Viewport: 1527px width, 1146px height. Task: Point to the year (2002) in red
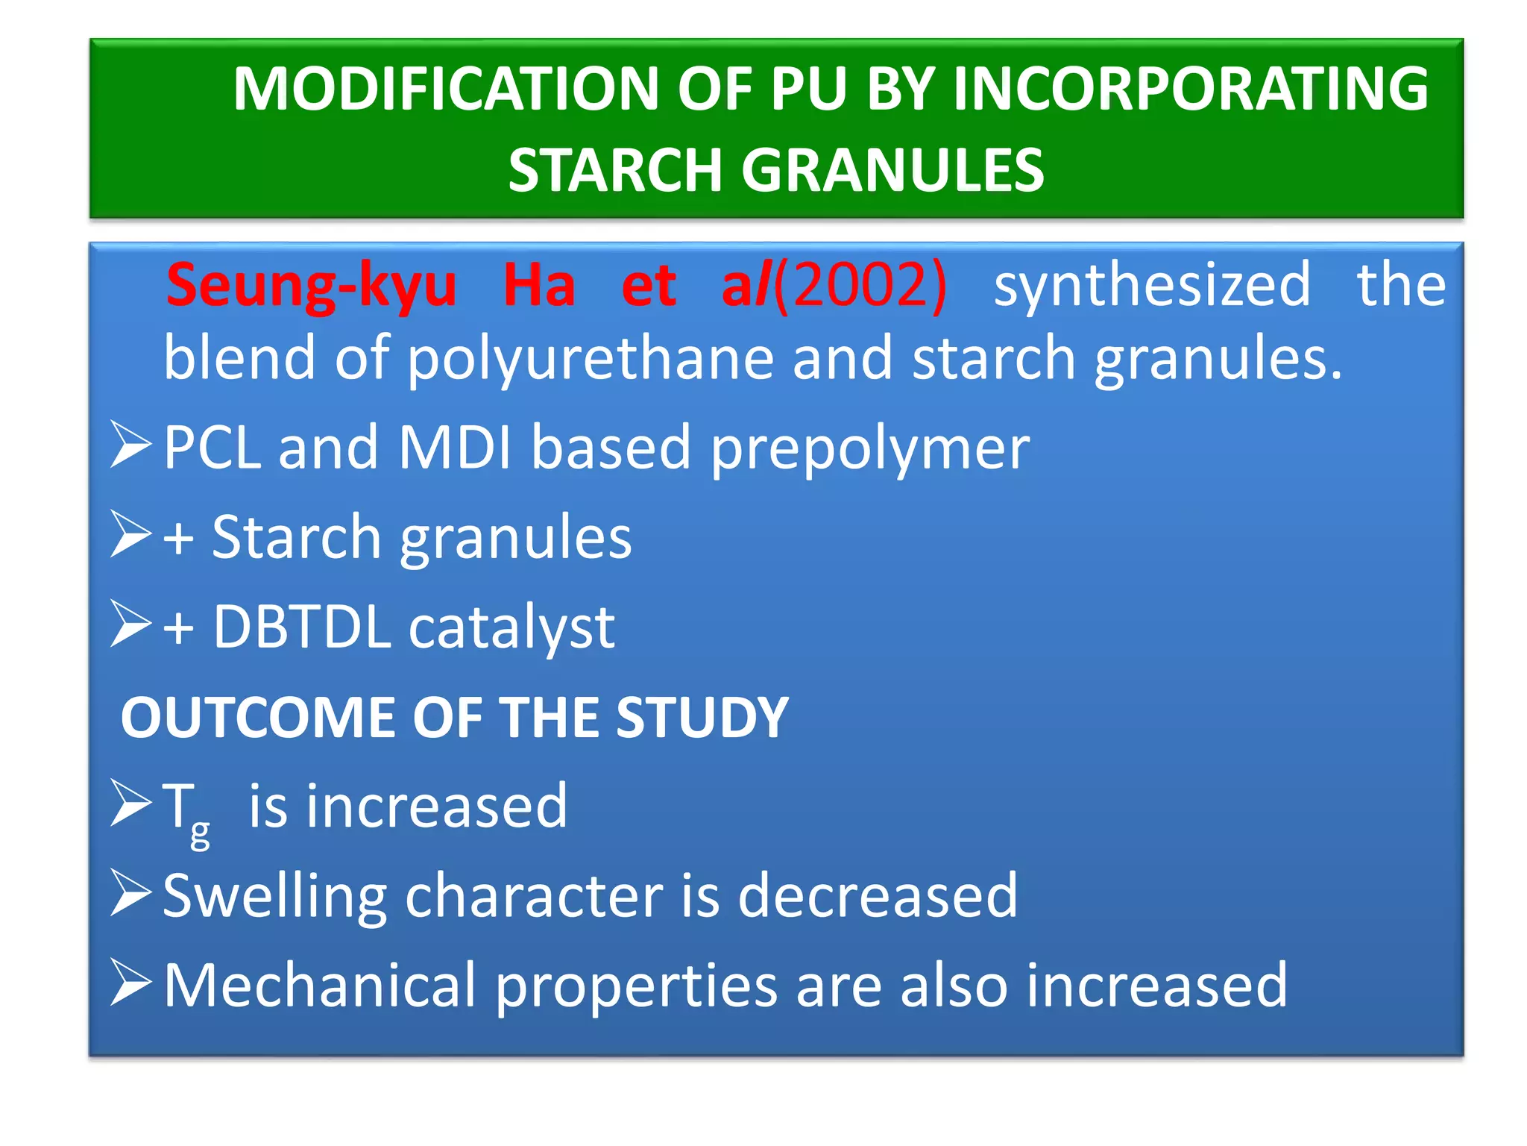[860, 286]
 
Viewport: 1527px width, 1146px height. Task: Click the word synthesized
[1152, 286]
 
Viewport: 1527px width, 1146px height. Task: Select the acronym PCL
[212, 448]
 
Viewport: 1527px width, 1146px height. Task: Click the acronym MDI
[454, 448]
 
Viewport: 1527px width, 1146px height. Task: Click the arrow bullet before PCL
[131, 445]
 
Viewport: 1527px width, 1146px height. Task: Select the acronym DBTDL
[302, 627]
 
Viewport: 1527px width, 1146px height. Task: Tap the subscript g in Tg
[200, 833]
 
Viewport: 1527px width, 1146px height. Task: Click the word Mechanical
[319, 986]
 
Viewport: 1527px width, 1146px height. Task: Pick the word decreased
[877, 897]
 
